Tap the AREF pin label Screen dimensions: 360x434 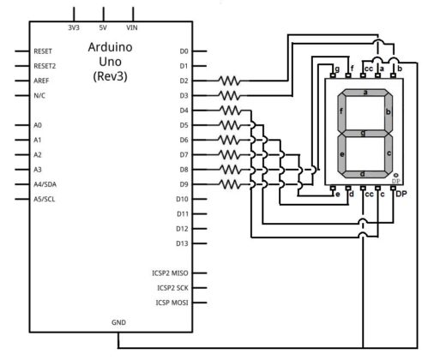tap(43, 80)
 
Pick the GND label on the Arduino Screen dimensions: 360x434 tap(118, 323)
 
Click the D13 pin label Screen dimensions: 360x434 tap(182, 243)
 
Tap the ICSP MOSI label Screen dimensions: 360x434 tap(171, 303)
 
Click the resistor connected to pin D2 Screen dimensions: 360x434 tap(229, 81)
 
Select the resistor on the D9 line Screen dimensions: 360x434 tap(229, 184)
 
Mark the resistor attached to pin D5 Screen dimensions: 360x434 tap(229, 125)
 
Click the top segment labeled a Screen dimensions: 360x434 tap(365, 93)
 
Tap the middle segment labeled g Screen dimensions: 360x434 tap(365, 133)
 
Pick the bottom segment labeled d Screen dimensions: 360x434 tap(365, 174)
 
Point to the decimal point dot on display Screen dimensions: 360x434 tap(395, 175)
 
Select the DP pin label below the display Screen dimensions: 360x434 tap(400, 195)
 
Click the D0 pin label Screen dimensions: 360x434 tap(184, 51)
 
